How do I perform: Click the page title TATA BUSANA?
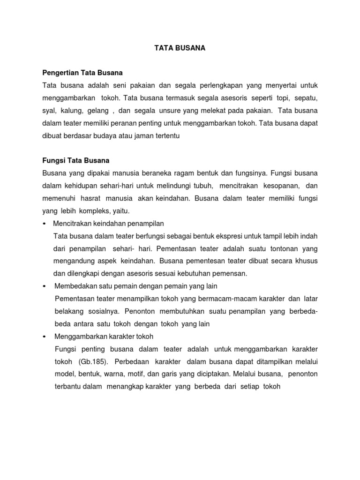click(x=180, y=48)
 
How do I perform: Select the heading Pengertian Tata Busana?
click(x=82, y=73)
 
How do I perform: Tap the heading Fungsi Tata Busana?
click(x=76, y=160)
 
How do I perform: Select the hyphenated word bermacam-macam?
click(x=222, y=299)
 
